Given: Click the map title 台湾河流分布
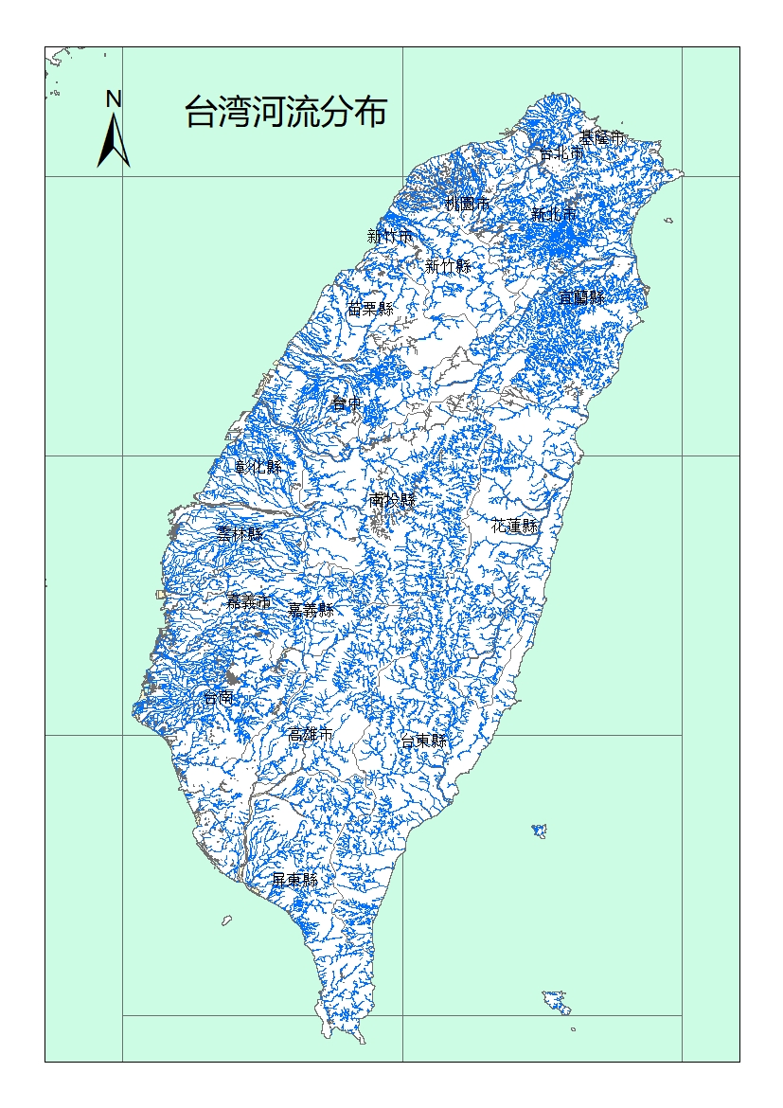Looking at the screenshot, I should pyautogui.click(x=285, y=113).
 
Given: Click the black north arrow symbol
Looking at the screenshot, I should pyautogui.click(x=114, y=141).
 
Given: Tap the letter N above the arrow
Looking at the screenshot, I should pyautogui.click(x=114, y=98).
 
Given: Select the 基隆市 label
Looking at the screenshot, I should pyautogui.click(x=602, y=138).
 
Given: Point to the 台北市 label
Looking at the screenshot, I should pyautogui.click(x=561, y=152).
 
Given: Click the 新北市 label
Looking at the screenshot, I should pyautogui.click(x=554, y=215).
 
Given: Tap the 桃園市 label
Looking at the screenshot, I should pyautogui.click(x=468, y=204).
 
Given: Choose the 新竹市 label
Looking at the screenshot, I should pyautogui.click(x=390, y=236).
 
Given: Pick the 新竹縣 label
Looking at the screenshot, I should pyautogui.click(x=448, y=266).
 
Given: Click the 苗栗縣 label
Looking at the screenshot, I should pyautogui.click(x=370, y=308).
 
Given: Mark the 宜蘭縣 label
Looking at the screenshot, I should pyautogui.click(x=581, y=296).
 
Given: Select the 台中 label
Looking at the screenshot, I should pyautogui.click(x=346, y=403).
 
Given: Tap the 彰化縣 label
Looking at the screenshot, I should pyautogui.click(x=258, y=467).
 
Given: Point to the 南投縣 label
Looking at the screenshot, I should pyautogui.click(x=392, y=500).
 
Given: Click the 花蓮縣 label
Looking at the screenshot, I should pyautogui.click(x=515, y=526).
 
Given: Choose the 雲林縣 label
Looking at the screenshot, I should pyautogui.click(x=240, y=534).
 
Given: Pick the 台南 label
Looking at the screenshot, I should pyautogui.click(x=219, y=698).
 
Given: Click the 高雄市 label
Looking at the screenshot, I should pyautogui.click(x=311, y=735).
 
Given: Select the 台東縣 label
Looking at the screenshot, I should pyautogui.click(x=423, y=741).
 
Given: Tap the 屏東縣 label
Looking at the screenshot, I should pyautogui.click(x=294, y=880).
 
